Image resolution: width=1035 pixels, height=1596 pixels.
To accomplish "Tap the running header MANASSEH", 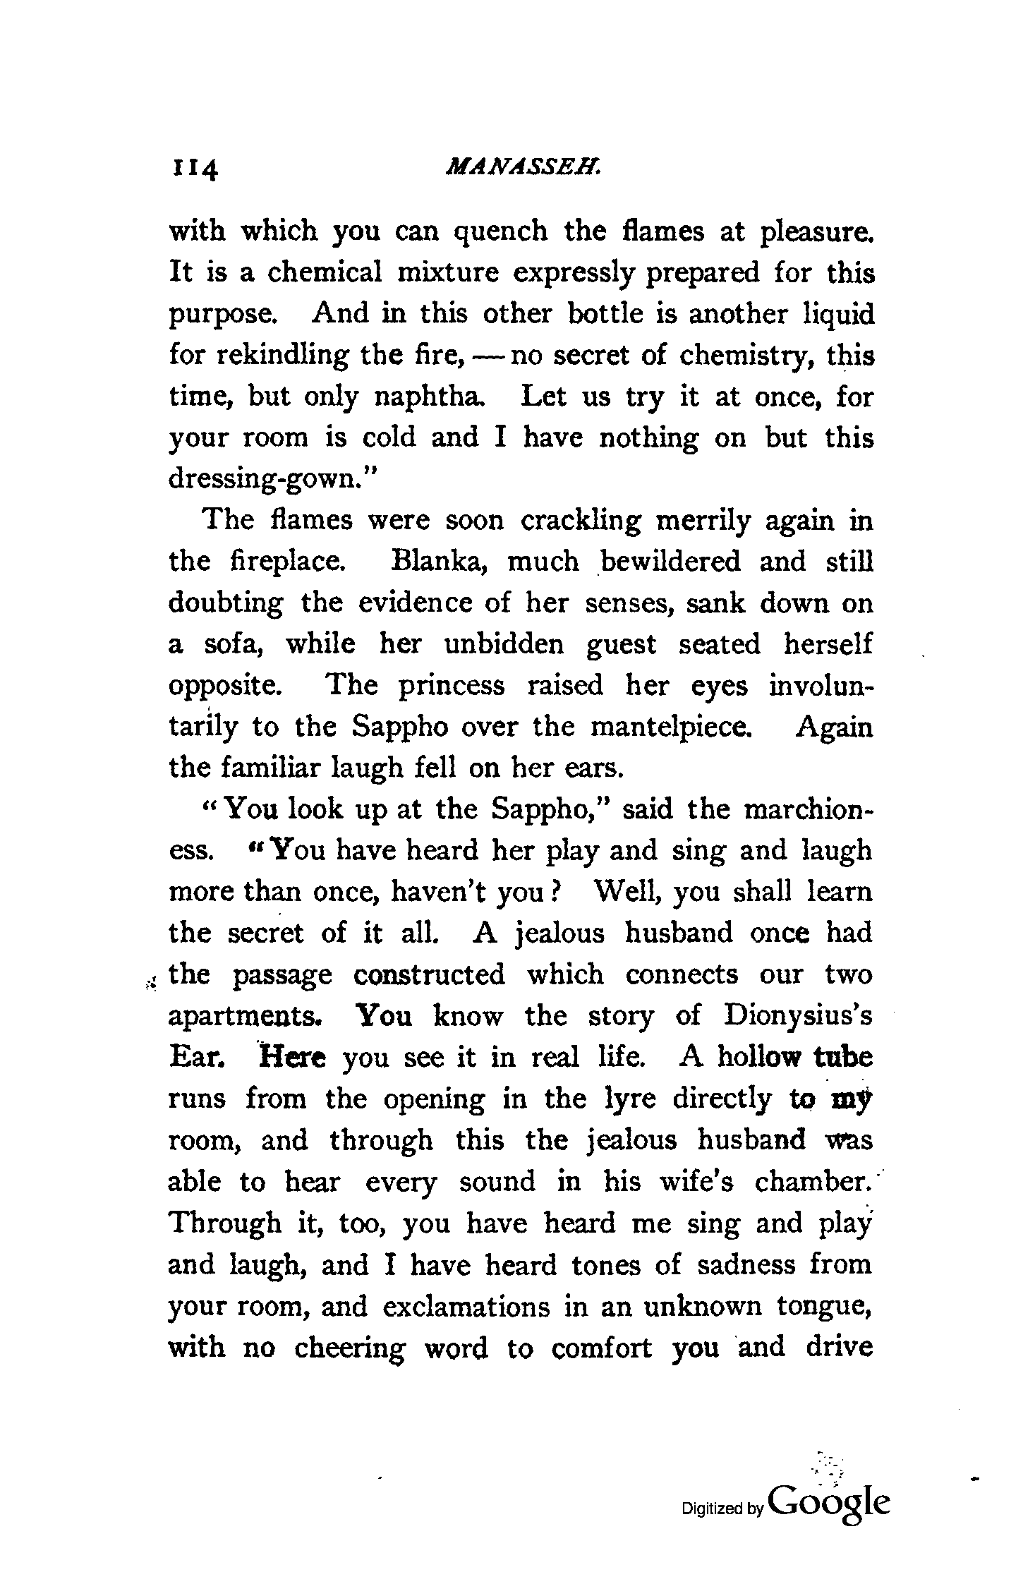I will [523, 168].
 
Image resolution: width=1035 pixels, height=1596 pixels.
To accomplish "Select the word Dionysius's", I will [798, 1016].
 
